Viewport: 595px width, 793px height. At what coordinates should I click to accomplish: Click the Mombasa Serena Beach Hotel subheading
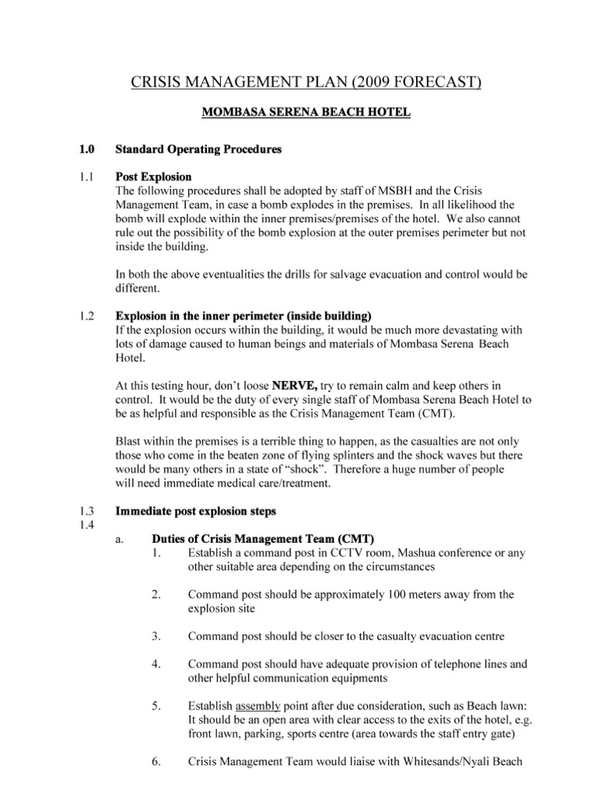(x=306, y=113)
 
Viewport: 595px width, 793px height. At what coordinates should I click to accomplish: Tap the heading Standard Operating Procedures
(x=198, y=149)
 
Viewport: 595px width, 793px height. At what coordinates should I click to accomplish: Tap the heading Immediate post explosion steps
(x=194, y=511)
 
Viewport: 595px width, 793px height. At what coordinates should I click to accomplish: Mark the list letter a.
(x=119, y=539)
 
